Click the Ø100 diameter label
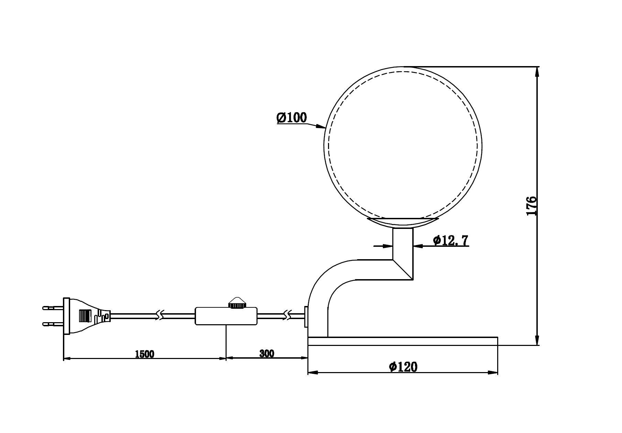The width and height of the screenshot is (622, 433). pos(292,118)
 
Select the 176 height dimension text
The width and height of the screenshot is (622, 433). pos(531,206)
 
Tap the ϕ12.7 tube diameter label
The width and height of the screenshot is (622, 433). pos(450,240)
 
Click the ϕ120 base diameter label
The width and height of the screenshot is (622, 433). pos(403,367)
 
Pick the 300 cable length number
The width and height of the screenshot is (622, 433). pos(267,353)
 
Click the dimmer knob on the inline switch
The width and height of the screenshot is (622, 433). pos(237,303)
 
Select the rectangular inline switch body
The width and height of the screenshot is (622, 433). pos(226,316)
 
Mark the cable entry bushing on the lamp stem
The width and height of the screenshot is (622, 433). pos(306,316)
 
